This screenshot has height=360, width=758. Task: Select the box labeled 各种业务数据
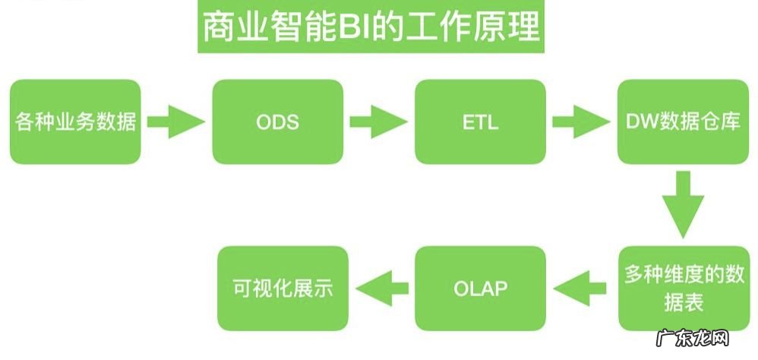pyautogui.click(x=76, y=122)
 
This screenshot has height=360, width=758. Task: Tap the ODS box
pyautogui.click(x=278, y=122)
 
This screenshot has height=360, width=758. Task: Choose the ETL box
pyautogui.click(x=480, y=122)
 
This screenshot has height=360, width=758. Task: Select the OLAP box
pyautogui.click(x=480, y=288)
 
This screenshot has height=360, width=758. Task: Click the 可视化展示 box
pyautogui.click(x=283, y=288)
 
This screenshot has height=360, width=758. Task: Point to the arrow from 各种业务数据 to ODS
pyautogui.click(x=175, y=122)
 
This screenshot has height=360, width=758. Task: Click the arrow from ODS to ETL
pyautogui.click(x=378, y=122)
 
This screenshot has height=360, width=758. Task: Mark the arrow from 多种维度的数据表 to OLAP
pyautogui.click(x=582, y=288)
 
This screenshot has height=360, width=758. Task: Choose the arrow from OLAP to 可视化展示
pyautogui.click(x=384, y=288)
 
